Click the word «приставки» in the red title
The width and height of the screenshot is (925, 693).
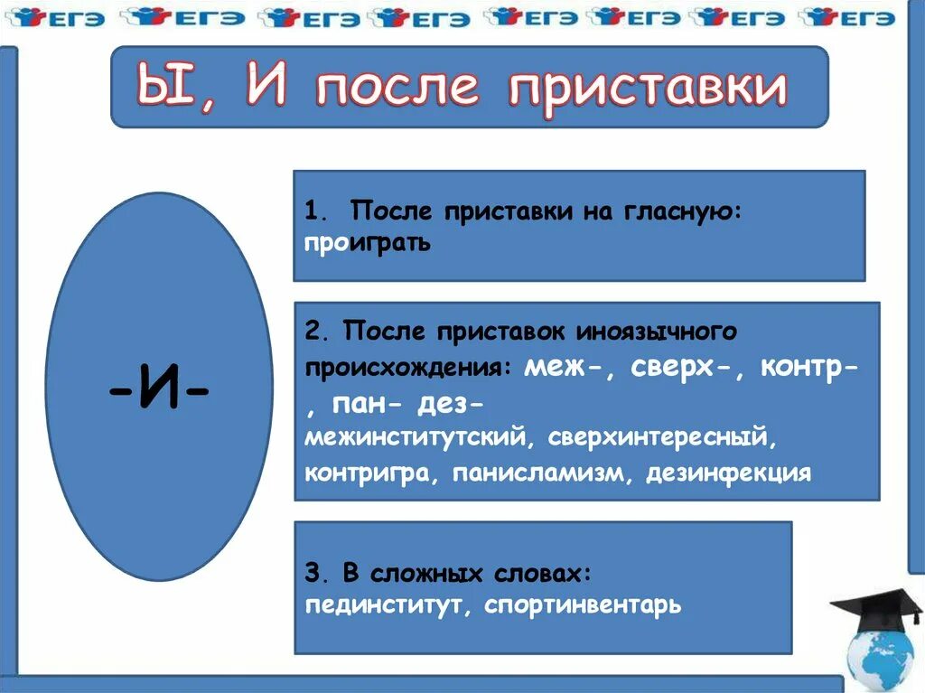[647, 89]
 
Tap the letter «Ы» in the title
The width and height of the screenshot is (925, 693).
[162, 88]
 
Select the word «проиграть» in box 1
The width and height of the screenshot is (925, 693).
[368, 244]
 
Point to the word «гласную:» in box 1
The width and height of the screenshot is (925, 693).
[681, 211]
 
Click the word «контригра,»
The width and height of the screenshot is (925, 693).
[366, 473]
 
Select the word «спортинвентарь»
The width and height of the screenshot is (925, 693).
[583, 604]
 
